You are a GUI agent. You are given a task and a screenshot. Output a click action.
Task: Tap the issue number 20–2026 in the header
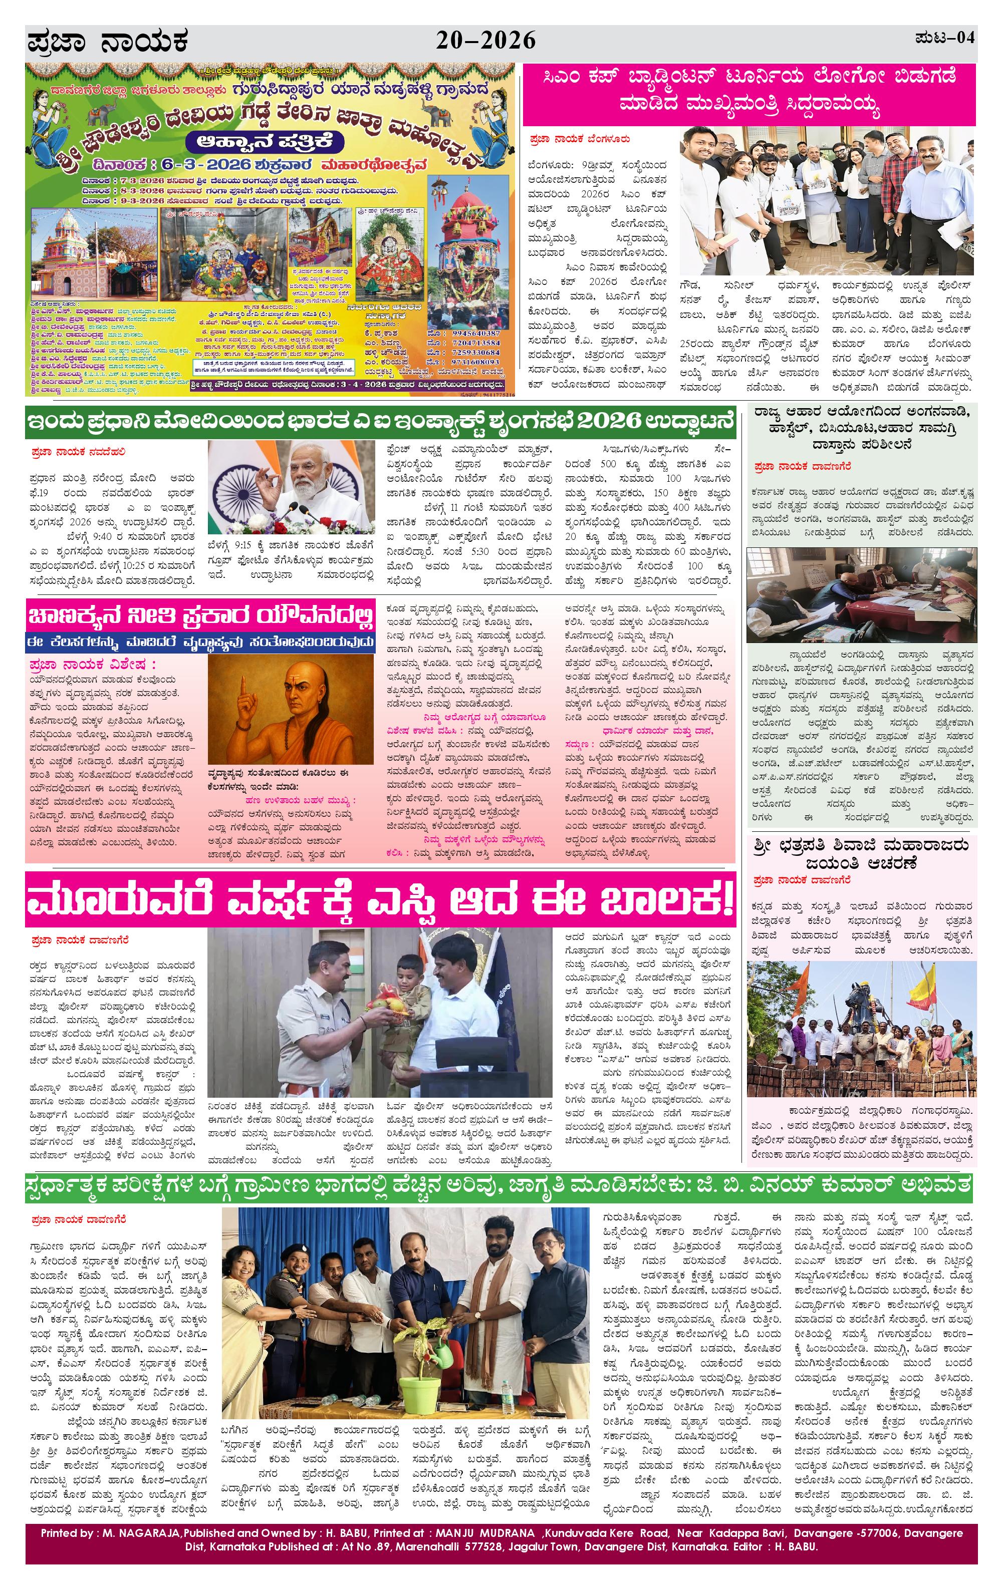[x=485, y=42]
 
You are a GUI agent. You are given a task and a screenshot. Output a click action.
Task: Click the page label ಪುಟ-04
[x=944, y=38]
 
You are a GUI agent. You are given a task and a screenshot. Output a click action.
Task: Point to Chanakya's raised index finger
[x=245, y=689]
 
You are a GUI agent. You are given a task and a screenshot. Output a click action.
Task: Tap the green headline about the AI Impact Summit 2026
[x=380, y=421]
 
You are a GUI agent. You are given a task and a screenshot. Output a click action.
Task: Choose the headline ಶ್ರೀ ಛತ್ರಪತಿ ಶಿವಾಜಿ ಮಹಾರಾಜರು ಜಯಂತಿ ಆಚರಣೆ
[x=861, y=854]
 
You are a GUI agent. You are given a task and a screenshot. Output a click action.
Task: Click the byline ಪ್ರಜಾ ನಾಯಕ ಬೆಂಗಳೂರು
[x=579, y=139]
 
